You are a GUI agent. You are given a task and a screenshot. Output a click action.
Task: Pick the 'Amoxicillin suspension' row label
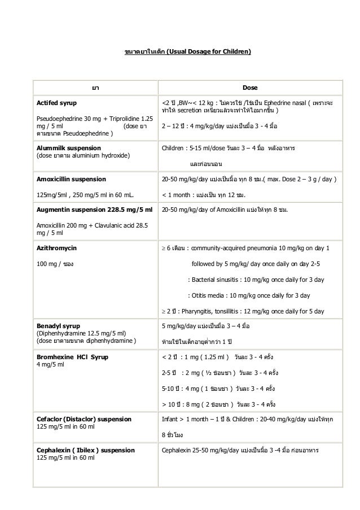(x=71, y=179)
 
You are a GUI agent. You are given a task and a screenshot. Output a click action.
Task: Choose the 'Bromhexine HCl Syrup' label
(x=73, y=358)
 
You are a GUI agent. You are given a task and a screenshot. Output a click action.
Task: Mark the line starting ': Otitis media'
(x=248, y=295)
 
